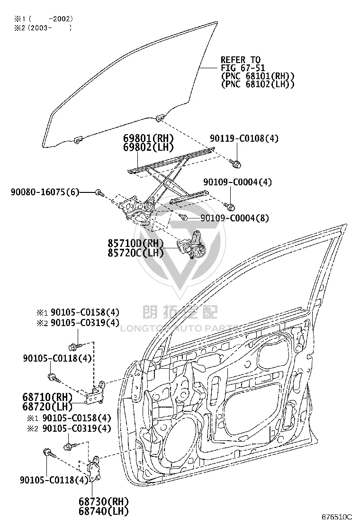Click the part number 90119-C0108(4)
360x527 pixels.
(244, 138)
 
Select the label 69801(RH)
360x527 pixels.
(148, 138)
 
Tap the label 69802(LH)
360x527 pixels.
(148, 147)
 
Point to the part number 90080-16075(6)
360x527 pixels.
(45, 192)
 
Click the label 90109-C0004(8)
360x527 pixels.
(235, 218)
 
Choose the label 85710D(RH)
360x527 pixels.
(135, 243)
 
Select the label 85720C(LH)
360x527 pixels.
(135, 252)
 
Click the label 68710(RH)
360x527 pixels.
(47, 397)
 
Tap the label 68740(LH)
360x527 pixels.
(104, 511)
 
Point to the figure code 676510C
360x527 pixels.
(336, 517)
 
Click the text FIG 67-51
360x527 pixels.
(243, 68)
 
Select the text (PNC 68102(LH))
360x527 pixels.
(258, 84)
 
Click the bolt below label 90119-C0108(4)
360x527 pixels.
(236, 164)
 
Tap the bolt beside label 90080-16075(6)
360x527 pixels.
(100, 192)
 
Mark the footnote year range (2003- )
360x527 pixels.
(49, 28)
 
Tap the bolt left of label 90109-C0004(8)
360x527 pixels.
(183, 217)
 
